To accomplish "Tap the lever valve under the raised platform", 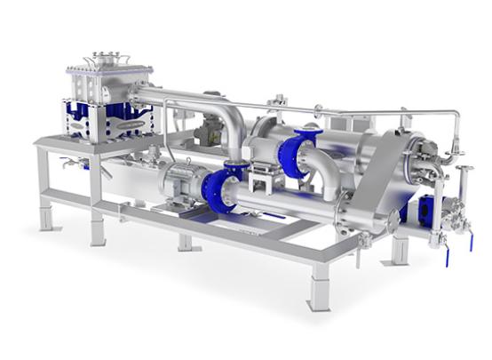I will (69, 164).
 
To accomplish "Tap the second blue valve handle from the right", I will (446, 255).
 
